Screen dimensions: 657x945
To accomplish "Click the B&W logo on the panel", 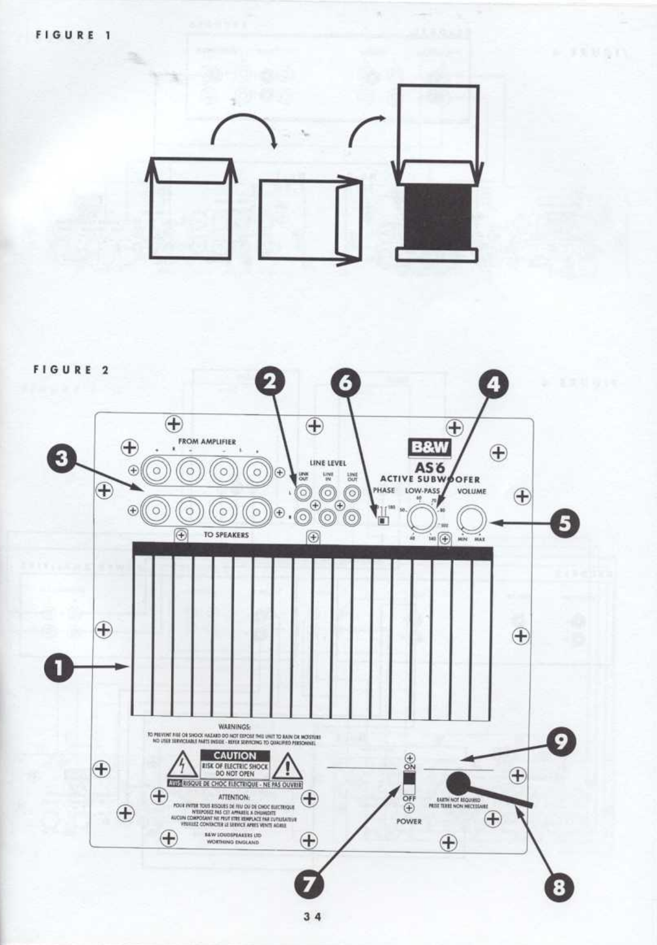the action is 430,447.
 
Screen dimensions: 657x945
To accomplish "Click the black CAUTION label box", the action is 234,755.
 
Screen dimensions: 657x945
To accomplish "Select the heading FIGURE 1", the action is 73,35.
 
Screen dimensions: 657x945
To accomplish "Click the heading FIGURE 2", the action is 71,371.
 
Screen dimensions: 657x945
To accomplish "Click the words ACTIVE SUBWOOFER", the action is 430,480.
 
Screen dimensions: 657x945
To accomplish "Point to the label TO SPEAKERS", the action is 226,534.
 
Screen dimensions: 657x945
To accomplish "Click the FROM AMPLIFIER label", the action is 207,442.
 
